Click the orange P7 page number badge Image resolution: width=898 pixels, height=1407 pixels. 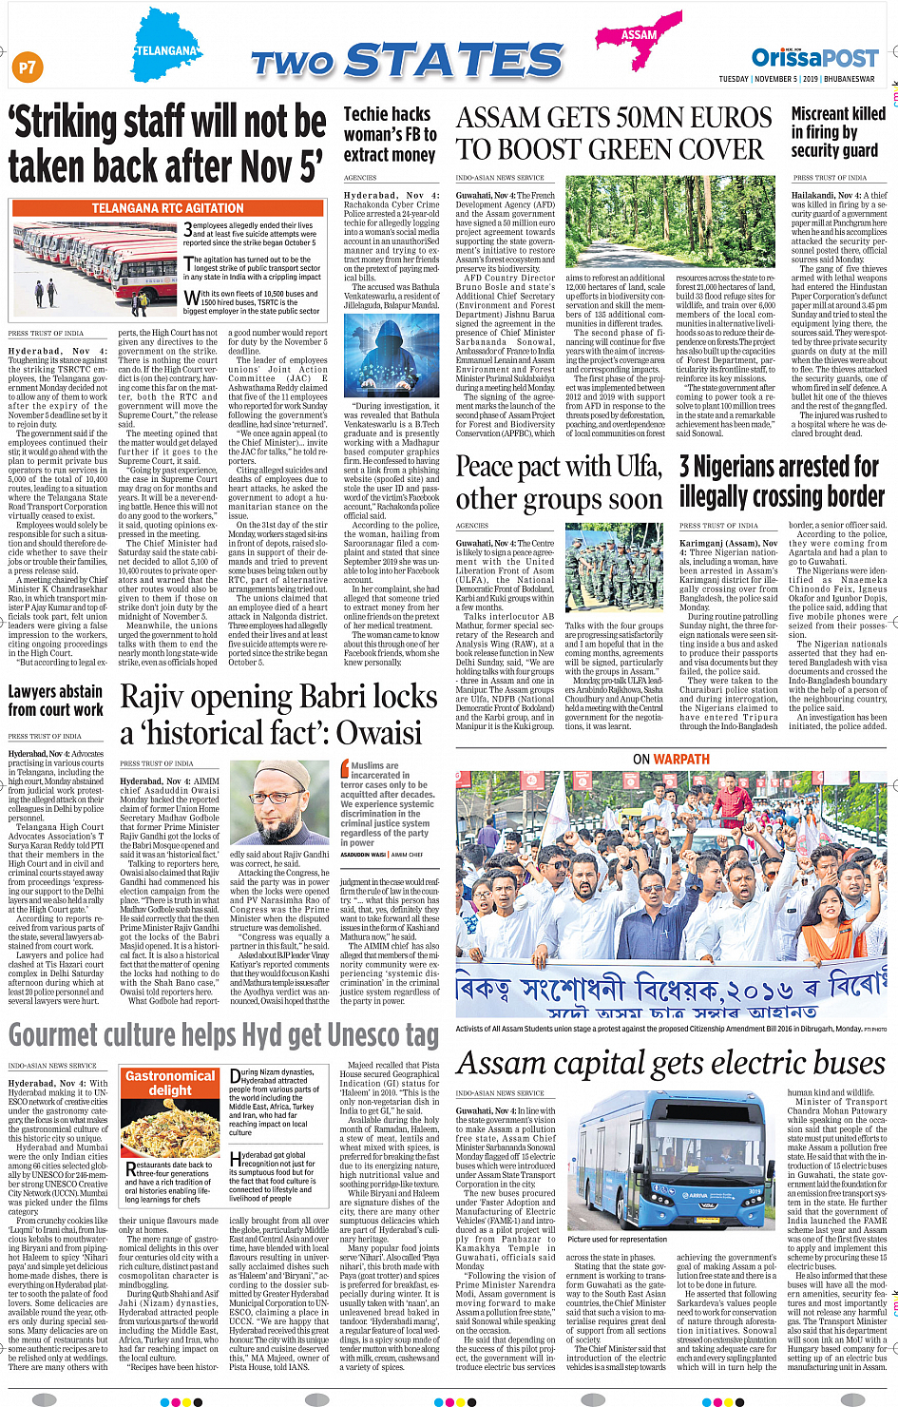27,67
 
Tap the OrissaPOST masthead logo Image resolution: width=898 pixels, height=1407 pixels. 814,57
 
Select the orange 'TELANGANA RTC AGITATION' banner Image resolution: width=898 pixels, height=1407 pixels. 167,208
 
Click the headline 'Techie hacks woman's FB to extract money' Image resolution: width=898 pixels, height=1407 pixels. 390,134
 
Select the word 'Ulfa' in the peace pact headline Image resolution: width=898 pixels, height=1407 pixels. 637,467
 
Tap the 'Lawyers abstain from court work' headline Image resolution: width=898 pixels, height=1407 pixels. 56,701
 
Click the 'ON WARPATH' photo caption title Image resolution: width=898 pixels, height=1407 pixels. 671,759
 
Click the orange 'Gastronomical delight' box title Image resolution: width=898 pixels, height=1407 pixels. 170,1083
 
